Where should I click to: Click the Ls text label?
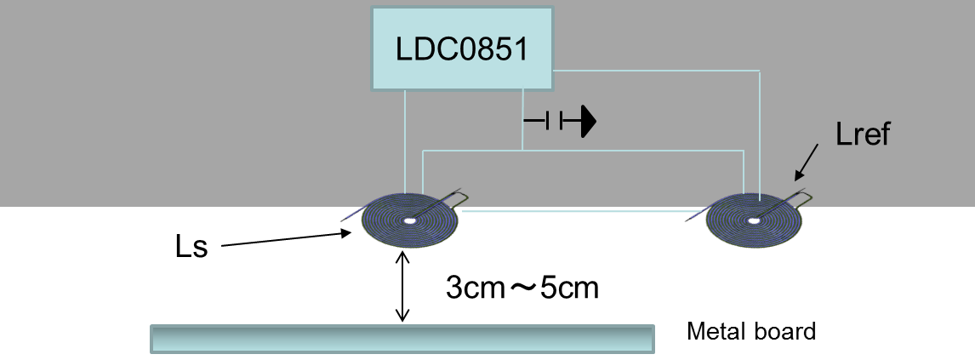pyautogui.click(x=191, y=249)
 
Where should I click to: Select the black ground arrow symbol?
pyautogui.click(x=585, y=122)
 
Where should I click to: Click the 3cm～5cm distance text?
pyautogui.click(x=522, y=288)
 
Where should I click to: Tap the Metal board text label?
pyautogui.click(x=750, y=331)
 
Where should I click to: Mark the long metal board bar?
pyautogui.click(x=402, y=338)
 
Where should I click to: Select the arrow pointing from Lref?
pyautogui.click(x=807, y=162)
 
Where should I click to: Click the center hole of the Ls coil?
pyautogui.click(x=409, y=220)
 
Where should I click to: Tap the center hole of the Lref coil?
pyautogui.click(x=753, y=221)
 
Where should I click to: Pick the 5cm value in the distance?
pyautogui.click(x=568, y=288)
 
